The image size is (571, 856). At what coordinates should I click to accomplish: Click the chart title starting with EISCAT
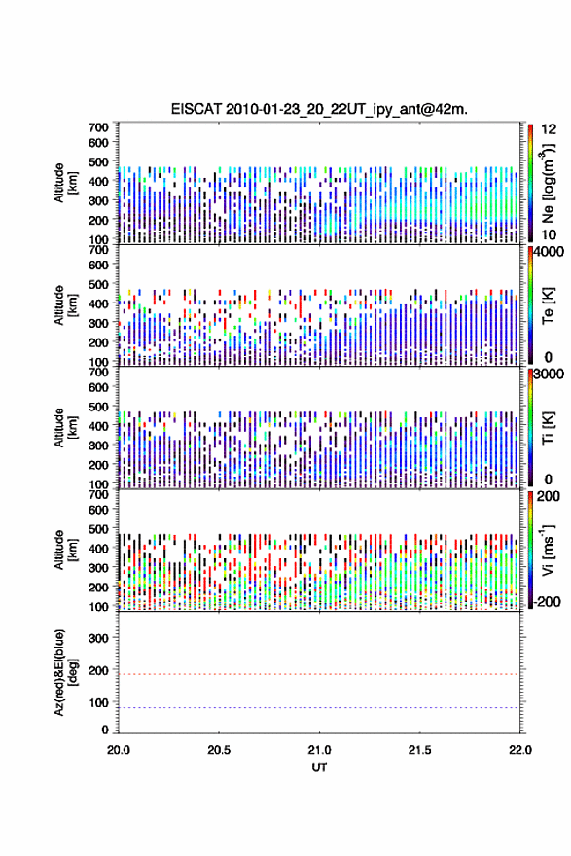319,109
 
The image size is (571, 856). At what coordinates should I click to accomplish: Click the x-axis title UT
319,767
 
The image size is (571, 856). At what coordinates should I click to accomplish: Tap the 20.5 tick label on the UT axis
219,750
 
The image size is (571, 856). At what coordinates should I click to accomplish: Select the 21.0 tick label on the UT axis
319,750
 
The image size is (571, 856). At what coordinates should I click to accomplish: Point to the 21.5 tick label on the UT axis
420,750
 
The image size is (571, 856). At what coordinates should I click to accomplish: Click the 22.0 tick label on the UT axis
520,750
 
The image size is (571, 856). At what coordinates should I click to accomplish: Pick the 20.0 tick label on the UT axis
119,750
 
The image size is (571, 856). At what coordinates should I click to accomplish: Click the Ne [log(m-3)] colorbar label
548,183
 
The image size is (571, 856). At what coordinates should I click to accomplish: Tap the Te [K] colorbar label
548,305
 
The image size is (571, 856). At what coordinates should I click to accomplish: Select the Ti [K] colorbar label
548,427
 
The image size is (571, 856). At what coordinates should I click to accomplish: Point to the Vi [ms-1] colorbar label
548,550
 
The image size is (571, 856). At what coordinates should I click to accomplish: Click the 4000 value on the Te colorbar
548,252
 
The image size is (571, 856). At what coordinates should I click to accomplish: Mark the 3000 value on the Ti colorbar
549,374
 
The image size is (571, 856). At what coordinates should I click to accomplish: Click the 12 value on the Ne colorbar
549,129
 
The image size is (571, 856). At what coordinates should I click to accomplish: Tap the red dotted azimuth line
319,674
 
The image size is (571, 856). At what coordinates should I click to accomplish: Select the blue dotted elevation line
319,707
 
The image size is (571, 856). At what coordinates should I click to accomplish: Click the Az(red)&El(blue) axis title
65,672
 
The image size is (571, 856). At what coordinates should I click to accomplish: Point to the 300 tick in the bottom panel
99,638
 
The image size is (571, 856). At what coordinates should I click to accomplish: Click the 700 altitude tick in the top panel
99,127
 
